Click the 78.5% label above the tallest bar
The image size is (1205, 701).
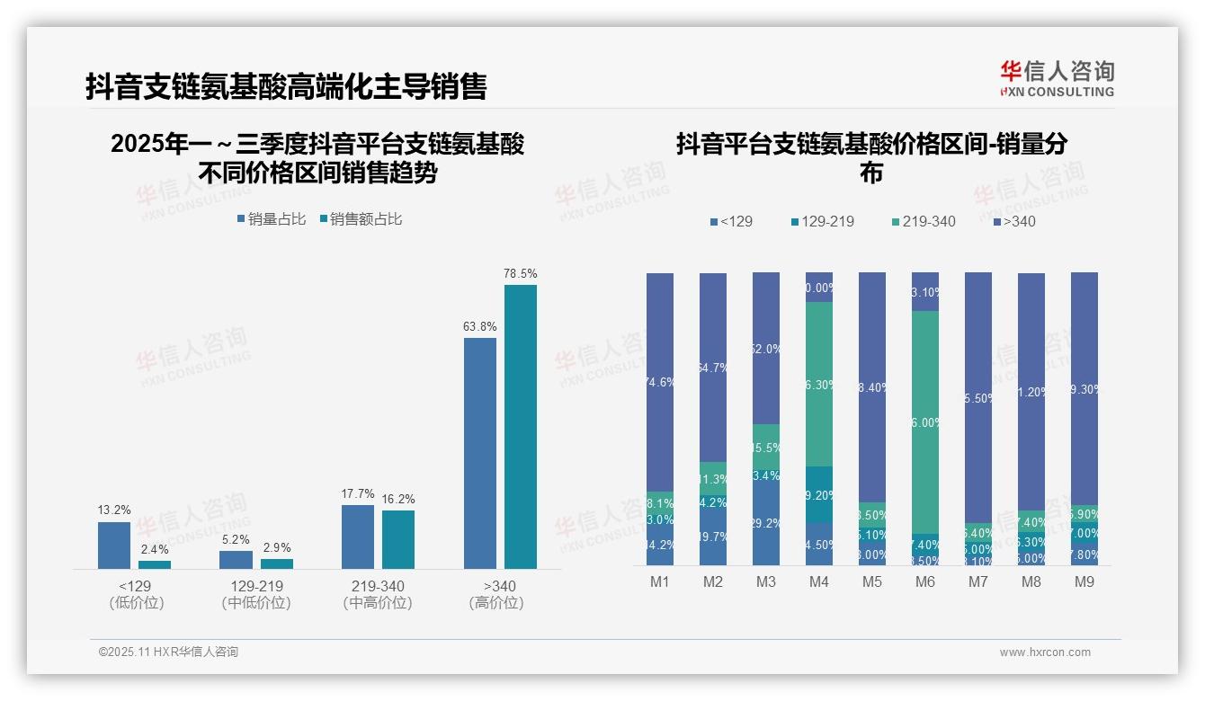coord(520,273)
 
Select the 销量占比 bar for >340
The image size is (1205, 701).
coord(480,453)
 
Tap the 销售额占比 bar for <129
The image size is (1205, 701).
coord(155,564)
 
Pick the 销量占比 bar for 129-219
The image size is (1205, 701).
coord(236,559)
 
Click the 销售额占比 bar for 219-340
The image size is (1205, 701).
coord(398,539)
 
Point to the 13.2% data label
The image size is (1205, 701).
coord(113,510)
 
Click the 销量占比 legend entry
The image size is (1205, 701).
coord(272,218)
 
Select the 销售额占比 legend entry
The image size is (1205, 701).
coord(361,218)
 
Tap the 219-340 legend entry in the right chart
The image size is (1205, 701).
coord(924,221)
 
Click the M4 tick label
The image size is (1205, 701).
coord(818,582)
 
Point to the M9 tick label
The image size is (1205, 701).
coord(1084,582)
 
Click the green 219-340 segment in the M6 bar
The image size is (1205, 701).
coord(925,422)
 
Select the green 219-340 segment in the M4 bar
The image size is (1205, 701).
coord(818,384)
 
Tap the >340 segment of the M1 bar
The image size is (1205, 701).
coord(660,382)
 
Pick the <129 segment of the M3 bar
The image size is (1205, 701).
coord(766,523)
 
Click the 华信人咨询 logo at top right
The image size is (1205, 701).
coord(1057,77)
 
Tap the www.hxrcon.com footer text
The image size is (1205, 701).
coord(1045,652)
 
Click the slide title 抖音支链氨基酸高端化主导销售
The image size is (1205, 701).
coord(286,86)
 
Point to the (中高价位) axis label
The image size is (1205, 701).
coord(378,603)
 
